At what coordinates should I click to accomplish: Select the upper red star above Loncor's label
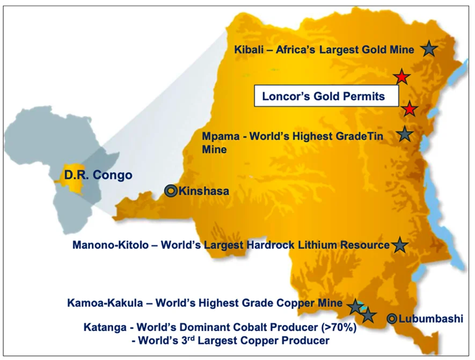401,77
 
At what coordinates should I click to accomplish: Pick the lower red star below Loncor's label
410,109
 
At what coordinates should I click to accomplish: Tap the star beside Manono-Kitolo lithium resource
399,245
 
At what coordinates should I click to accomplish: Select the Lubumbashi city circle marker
392,319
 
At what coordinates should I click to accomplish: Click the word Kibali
250,50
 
